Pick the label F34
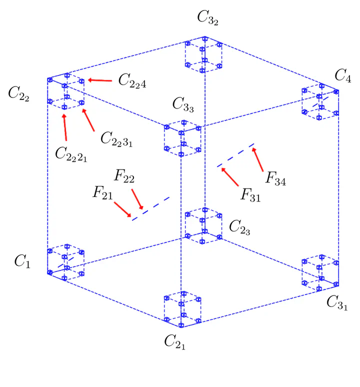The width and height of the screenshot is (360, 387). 275,178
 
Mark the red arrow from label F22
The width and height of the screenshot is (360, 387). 137,199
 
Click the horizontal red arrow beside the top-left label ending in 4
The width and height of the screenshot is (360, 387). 99,80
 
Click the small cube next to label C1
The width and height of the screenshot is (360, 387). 65,260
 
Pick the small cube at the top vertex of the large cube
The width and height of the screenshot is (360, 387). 203,54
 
